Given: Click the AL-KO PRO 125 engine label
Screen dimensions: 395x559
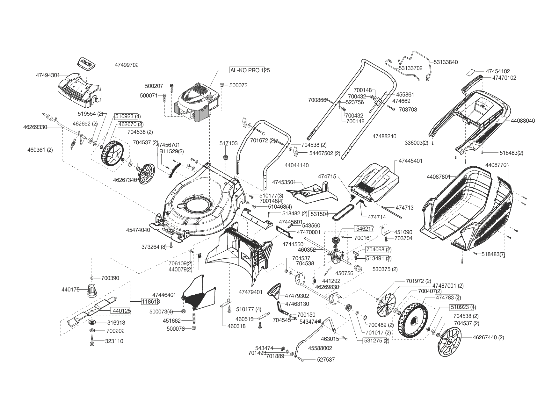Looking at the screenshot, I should coord(250,70).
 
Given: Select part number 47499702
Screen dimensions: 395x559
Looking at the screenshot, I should coord(127,65).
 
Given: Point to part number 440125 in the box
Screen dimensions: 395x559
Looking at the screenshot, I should coord(120,311).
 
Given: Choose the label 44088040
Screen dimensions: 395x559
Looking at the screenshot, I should coord(523,121).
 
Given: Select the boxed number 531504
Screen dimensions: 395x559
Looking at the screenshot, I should coord(320,214).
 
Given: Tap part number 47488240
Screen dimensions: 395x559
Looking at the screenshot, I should coord(384,136).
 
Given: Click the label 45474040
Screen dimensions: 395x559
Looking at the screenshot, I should coord(138,230).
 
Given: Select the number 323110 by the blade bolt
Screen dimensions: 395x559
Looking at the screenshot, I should coord(114,341).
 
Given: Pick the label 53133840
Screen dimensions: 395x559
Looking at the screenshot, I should coord(446,62).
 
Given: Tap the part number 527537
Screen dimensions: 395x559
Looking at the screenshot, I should coord(326,360).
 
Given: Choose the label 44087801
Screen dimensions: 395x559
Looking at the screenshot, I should coord(439,176).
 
